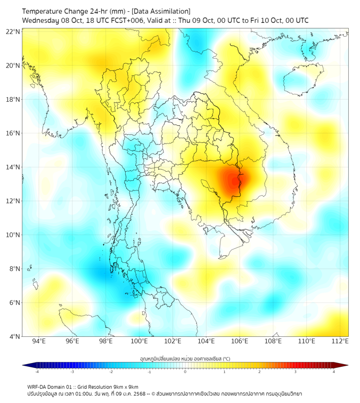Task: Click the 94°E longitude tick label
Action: coord(39,341)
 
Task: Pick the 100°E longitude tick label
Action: coord(140,341)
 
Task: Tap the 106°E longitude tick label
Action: coord(240,341)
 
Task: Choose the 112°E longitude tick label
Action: coord(340,341)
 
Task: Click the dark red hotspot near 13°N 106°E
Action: coord(234,182)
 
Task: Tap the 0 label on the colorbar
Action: coord(185,372)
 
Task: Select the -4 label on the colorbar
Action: coord(36,372)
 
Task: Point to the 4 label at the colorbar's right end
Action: coord(333,372)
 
